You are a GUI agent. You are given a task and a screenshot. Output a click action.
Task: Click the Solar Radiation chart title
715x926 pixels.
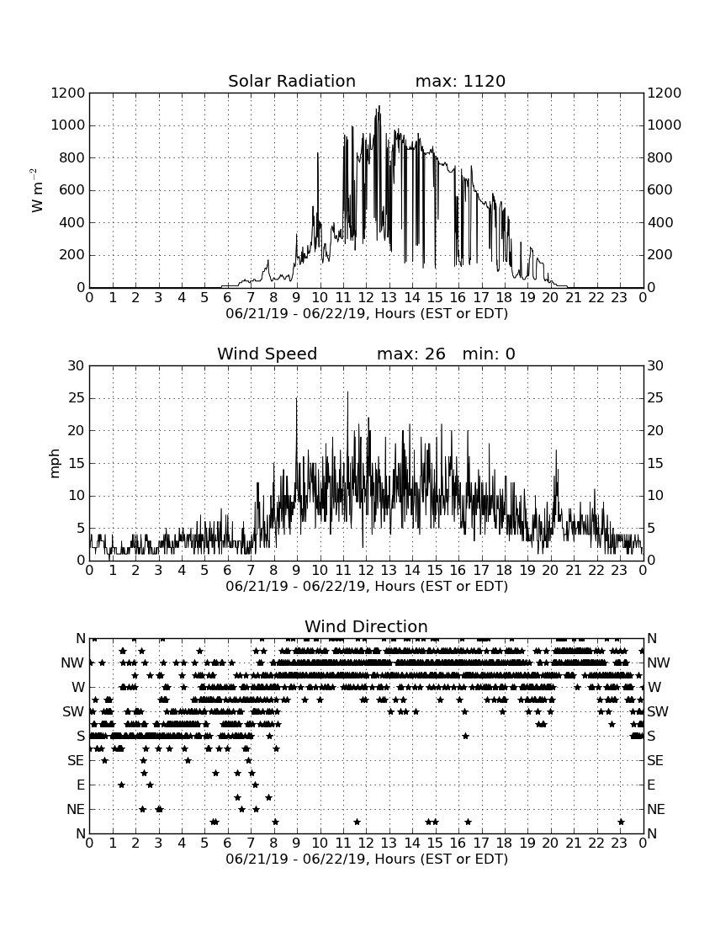point(291,81)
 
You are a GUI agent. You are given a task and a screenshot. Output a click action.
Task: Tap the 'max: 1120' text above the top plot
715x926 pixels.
point(460,81)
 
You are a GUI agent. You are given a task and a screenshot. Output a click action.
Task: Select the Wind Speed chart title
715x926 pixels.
point(267,354)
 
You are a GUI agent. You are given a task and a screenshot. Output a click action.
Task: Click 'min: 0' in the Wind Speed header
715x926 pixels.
point(489,354)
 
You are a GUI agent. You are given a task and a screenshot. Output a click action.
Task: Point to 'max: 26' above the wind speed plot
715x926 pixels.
point(411,354)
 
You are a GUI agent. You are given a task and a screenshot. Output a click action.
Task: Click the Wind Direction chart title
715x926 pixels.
point(366,626)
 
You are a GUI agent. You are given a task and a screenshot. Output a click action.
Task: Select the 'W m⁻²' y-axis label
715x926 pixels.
point(36,190)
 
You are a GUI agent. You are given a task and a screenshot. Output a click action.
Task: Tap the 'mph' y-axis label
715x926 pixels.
point(55,463)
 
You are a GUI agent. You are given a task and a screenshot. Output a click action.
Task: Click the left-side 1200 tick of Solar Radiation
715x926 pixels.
point(68,93)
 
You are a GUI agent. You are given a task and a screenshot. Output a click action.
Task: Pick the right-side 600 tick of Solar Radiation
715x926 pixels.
point(660,190)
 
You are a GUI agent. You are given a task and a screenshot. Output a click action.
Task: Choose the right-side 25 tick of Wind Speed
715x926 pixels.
point(655,398)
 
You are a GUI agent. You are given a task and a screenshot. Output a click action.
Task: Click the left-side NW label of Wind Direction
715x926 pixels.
point(72,663)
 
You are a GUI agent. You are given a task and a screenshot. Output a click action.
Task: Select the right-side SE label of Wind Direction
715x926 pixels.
point(654,761)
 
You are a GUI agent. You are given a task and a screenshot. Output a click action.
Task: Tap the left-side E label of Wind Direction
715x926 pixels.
point(81,785)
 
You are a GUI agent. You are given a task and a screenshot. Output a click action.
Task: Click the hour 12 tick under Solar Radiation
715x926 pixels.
point(366,297)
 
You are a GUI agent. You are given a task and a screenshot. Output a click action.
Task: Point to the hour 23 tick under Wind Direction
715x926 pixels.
point(619,843)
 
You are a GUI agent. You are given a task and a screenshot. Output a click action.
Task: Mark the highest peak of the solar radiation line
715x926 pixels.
point(379,106)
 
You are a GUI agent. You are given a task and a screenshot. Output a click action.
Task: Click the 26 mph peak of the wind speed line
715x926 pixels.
point(347,392)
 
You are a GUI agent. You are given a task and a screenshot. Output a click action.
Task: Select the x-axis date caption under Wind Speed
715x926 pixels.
point(367,587)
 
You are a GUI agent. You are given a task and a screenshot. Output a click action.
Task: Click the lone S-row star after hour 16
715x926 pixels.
point(465,736)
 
